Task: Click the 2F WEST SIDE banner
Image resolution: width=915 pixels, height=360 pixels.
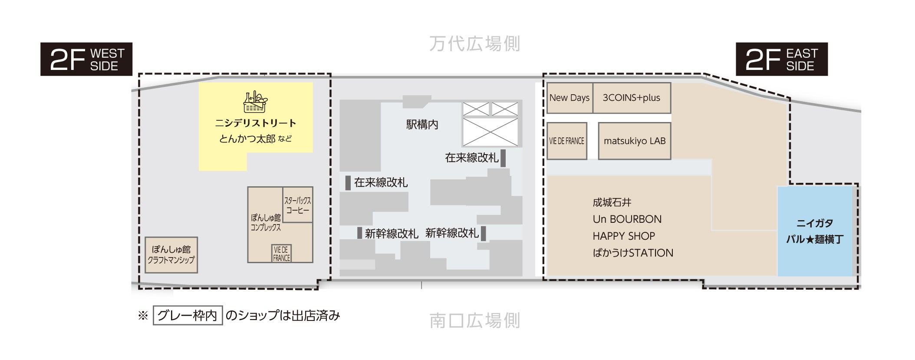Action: click(x=86, y=59)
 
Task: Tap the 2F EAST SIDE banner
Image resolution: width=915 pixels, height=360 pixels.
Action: click(x=781, y=59)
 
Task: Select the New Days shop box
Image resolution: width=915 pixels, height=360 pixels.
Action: click(x=569, y=98)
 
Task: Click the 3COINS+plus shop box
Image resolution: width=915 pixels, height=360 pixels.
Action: click(x=632, y=98)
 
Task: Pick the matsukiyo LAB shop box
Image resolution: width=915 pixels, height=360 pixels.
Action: click(x=634, y=141)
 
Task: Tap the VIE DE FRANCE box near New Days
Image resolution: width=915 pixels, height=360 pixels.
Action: click(x=566, y=141)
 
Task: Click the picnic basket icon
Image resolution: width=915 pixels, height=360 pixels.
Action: click(x=255, y=102)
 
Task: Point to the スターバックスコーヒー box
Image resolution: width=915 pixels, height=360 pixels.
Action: click(x=298, y=205)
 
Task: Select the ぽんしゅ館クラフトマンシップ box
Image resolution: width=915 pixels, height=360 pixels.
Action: click(x=171, y=255)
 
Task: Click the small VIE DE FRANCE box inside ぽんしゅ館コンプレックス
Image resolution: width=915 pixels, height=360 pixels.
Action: click(x=281, y=254)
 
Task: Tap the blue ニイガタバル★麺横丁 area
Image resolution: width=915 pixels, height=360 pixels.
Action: click(x=815, y=231)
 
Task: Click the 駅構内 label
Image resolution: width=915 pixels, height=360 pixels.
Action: click(x=422, y=125)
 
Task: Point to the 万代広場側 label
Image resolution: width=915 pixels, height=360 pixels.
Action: click(x=474, y=44)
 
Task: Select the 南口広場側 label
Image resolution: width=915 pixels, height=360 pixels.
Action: click(x=474, y=320)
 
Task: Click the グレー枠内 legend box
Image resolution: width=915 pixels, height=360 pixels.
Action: click(x=188, y=315)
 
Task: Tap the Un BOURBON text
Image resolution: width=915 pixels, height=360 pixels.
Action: click(x=627, y=219)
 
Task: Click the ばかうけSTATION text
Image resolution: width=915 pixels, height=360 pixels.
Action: click(x=632, y=253)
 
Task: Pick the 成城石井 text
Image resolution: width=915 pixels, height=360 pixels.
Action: click(x=612, y=202)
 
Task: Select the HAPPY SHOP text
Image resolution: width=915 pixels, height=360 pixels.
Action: click(x=623, y=236)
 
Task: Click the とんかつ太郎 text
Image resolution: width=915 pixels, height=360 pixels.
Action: click(x=247, y=139)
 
